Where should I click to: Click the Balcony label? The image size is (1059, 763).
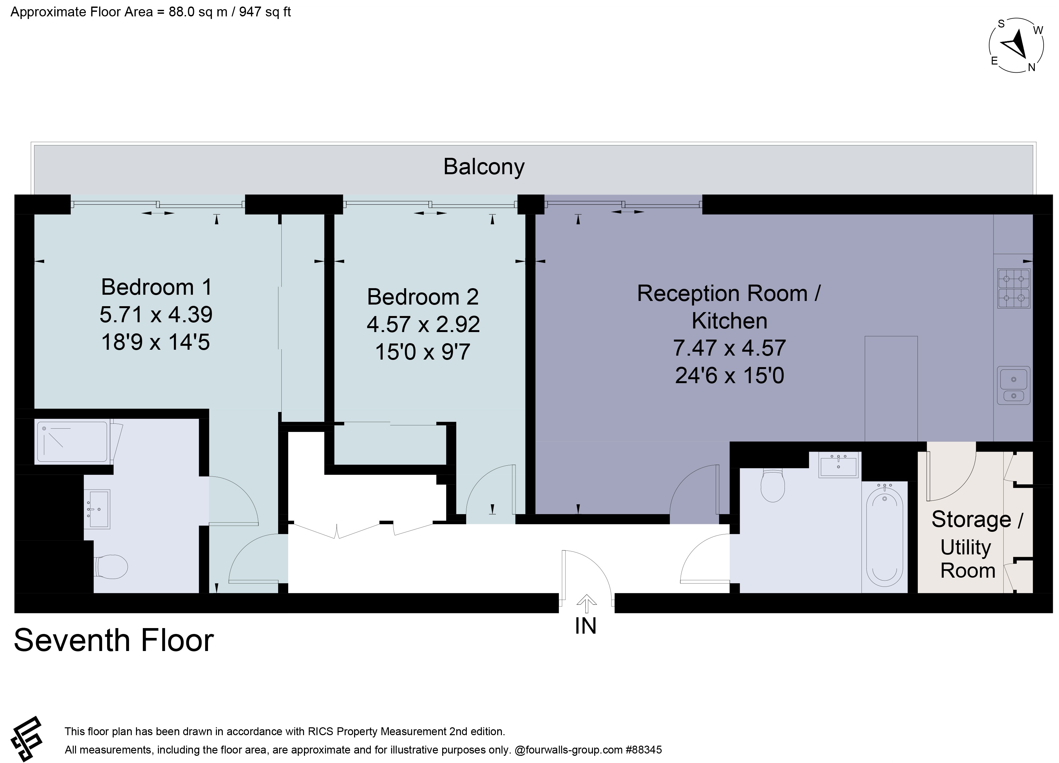484,167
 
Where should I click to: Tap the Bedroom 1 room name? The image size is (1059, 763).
157,287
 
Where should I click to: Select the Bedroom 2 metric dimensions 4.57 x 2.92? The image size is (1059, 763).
423,324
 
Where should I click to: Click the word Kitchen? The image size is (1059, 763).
729,321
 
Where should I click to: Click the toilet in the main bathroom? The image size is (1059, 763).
773,485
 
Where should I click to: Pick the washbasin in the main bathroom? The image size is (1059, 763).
839,465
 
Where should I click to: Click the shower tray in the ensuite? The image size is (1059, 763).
72,441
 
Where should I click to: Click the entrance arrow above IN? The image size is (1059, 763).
586,604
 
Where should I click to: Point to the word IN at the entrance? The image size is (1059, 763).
586,626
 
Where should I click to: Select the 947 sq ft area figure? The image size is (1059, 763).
265,12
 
